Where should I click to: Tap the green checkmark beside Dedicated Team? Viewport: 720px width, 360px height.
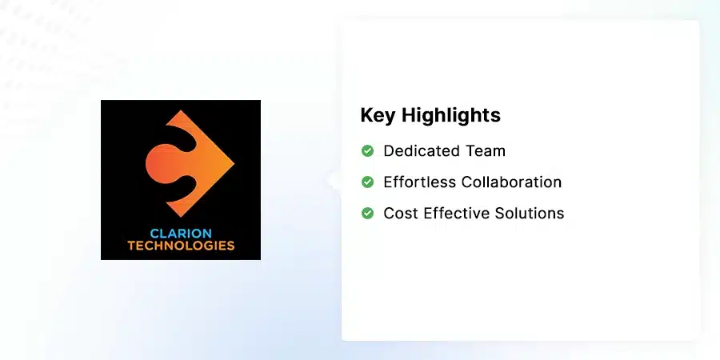(367, 150)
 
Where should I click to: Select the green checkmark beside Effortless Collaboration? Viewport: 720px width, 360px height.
(367, 182)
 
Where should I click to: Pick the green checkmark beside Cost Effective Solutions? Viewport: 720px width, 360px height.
(367, 213)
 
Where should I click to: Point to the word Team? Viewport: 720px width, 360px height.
(486, 150)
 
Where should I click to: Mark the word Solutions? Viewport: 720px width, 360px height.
(528, 213)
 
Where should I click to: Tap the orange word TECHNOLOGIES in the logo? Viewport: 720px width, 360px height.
(181, 246)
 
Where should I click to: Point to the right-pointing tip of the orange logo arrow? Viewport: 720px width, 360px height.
(233, 163)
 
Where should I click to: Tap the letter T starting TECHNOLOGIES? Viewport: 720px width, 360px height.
(131, 246)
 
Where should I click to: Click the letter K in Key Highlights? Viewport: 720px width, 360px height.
(366, 115)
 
